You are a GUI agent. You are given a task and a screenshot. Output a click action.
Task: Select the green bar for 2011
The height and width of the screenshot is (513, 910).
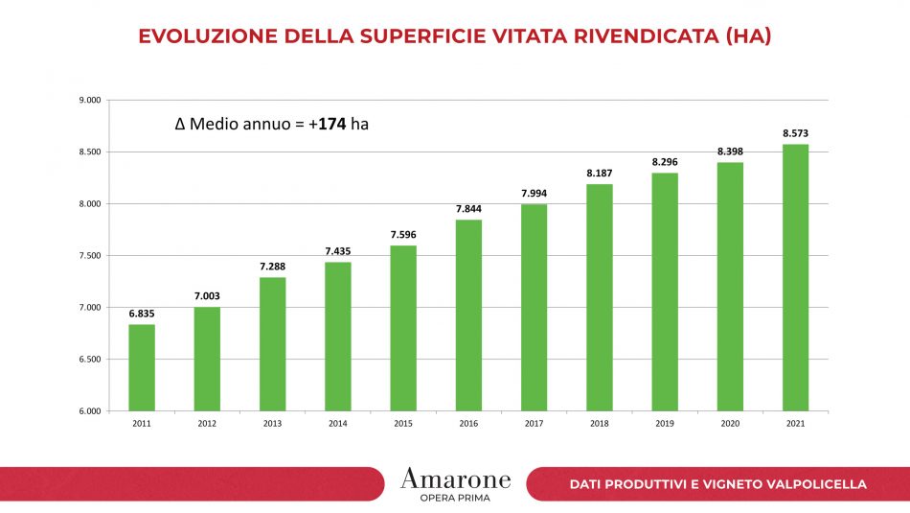[x=142, y=368]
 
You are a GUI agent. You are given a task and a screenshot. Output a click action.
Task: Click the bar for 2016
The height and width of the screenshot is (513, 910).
[x=468, y=315]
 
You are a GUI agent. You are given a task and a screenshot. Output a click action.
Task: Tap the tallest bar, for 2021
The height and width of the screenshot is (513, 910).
[x=795, y=278]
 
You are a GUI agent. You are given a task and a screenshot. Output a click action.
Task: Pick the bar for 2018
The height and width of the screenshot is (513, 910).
[x=600, y=297]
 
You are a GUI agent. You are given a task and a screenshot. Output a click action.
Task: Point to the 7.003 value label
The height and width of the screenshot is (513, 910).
[x=207, y=296]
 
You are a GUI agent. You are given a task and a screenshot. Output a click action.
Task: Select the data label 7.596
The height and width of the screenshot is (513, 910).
[x=403, y=235]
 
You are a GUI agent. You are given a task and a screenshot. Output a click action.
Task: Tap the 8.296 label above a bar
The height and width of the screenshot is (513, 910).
[x=665, y=162]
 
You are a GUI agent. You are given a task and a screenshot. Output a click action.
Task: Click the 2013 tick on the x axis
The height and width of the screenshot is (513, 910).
[x=272, y=423]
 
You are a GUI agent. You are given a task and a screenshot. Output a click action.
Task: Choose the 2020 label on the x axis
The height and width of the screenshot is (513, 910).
[x=730, y=423]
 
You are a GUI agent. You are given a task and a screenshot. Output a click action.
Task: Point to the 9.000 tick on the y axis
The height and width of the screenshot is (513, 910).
[x=90, y=100]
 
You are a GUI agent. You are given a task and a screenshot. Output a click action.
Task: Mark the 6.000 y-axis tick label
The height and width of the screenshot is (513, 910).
[x=90, y=411]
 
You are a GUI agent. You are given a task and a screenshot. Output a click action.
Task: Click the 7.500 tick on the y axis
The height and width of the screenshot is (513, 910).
[x=90, y=256]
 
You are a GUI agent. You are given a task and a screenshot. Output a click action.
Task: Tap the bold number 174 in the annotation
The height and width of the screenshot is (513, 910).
[x=332, y=124]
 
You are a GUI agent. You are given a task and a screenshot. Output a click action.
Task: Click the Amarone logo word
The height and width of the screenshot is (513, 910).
[x=455, y=478]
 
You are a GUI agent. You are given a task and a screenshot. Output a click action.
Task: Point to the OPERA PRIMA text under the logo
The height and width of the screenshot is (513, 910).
[x=455, y=497]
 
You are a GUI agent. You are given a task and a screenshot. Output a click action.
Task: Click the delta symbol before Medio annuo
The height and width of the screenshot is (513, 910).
[x=180, y=124]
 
